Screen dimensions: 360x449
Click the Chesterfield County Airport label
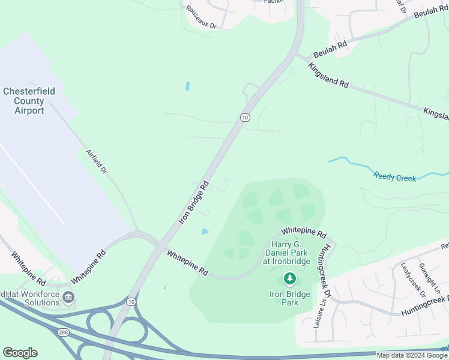[29, 101]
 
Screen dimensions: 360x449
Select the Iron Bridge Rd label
[193, 202]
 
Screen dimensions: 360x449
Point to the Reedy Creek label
[395, 177]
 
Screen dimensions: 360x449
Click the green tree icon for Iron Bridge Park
[290, 278]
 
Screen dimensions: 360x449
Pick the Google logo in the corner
[20, 353]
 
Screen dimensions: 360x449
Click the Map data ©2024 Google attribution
[412, 355]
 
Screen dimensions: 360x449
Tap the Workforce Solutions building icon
[68, 296]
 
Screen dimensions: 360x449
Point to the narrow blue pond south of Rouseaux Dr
[188, 86]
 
